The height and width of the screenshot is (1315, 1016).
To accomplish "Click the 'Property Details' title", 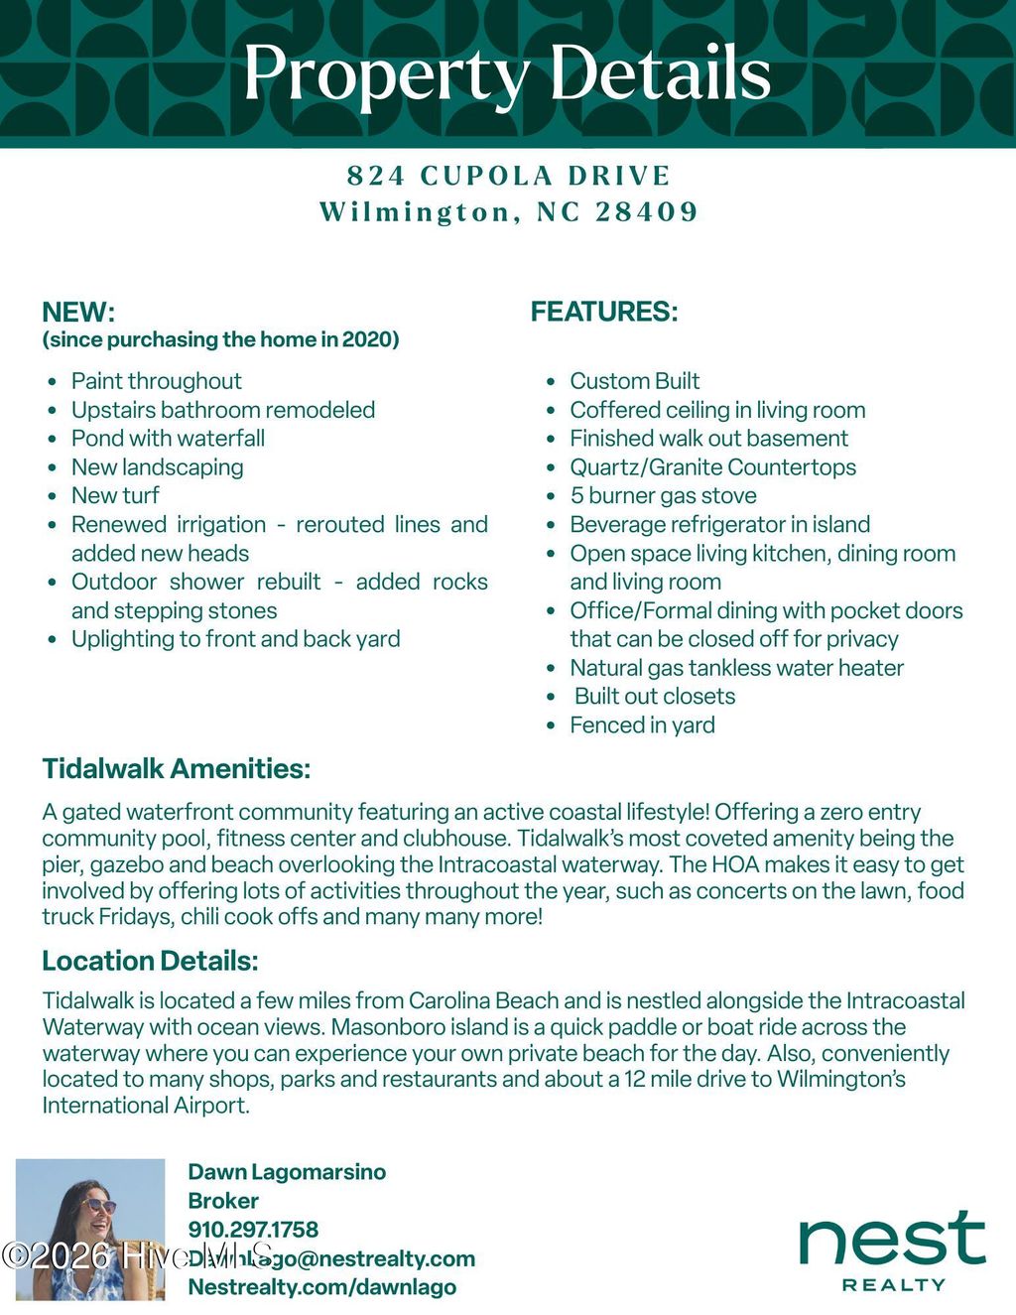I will (507, 73).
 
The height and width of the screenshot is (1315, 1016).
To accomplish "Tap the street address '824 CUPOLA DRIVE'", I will (508, 177).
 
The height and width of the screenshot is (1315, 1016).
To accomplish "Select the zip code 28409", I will (647, 212).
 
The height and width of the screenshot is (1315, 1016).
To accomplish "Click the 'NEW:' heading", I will (78, 313).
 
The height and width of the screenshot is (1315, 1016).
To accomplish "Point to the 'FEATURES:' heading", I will (604, 312).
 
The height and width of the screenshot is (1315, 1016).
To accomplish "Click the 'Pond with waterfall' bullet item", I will (168, 439).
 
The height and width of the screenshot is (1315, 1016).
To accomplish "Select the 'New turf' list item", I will (115, 495).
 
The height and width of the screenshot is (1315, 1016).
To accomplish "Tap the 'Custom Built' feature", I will (634, 381).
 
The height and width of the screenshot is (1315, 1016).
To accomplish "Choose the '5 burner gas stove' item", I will (663, 495).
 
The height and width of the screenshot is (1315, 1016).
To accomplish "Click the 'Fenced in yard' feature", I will (642, 725).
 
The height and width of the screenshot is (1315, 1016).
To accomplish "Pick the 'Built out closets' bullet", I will (655, 697).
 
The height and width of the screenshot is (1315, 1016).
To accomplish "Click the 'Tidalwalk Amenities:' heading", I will (177, 769).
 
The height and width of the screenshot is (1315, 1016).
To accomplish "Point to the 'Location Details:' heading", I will (150, 961).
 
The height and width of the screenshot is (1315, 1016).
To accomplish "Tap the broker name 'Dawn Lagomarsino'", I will (287, 1172).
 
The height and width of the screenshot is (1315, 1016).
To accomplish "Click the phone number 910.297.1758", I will (253, 1230).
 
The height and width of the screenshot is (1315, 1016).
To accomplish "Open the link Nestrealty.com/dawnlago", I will (322, 1287).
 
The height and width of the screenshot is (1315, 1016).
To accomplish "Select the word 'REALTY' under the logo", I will (893, 1285).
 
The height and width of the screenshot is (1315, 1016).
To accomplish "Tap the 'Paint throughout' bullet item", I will (156, 381).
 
